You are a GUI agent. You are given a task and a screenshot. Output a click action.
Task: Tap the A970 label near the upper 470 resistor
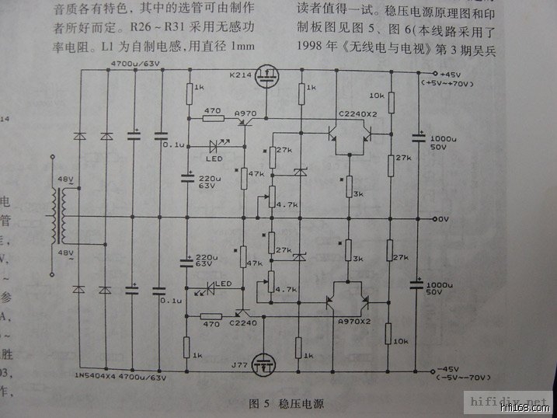tap(245, 113)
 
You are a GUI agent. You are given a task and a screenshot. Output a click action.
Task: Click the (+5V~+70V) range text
tap(454, 82)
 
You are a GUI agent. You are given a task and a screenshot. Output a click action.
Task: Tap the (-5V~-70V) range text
tap(453, 378)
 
